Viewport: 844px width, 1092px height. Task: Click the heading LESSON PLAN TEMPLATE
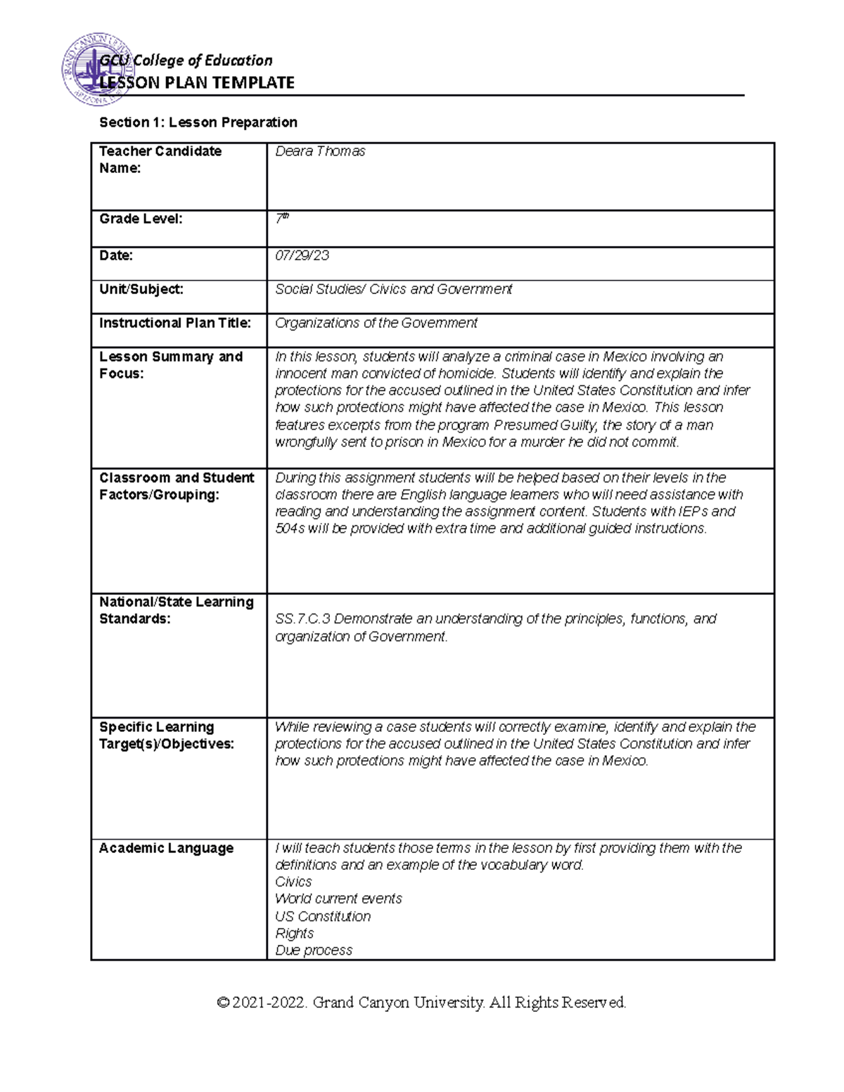(x=197, y=83)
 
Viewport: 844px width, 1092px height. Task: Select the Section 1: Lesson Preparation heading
(x=198, y=122)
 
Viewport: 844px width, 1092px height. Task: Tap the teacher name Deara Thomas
(x=320, y=151)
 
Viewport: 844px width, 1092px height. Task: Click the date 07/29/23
(x=302, y=255)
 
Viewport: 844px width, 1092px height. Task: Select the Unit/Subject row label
(x=141, y=289)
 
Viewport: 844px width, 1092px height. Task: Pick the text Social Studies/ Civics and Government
(x=393, y=289)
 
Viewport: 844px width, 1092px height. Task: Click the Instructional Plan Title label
(x=175, y=323)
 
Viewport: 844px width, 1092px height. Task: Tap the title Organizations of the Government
(x=376, y=323)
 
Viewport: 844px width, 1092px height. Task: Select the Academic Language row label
(x=166, y=848)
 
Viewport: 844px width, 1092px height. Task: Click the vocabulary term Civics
(x=293, y=882)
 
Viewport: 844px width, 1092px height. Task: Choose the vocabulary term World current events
(x=338, y=899)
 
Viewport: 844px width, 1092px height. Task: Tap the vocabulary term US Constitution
(x=323, y=916)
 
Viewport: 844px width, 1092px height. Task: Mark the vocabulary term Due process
(x=314, y=950)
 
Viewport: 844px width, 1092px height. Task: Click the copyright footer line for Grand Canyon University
(x=421, y=1002)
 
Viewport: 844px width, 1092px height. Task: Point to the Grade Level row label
(x=141, y=219)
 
